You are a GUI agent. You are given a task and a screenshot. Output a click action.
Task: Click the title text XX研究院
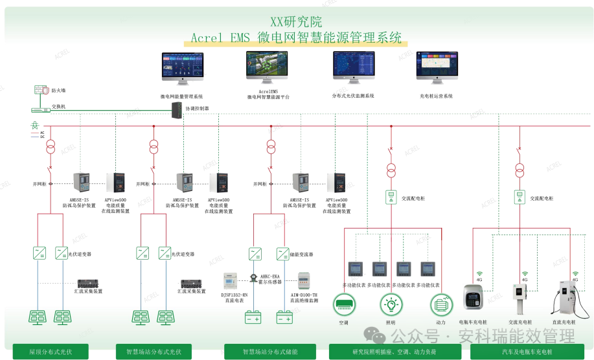pos(296,22)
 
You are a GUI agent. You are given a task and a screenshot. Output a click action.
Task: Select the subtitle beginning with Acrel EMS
pos(296,38)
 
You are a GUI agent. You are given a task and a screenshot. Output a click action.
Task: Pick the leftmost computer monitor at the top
pos(182,67)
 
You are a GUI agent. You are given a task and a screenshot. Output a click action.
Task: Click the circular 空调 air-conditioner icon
pos(343,304)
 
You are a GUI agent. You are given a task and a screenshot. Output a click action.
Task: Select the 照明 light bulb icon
pos(391,304)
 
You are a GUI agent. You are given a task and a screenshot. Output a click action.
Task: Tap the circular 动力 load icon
pos(440,304)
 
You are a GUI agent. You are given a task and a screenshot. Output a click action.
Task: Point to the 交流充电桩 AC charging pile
pos(519,298)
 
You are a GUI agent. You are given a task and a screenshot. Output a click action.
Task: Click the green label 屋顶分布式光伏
pos(51,352)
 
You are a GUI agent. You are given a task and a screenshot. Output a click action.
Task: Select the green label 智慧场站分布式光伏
pos(154,352)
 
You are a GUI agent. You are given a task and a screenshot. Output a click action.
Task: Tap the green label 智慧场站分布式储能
pos(269,352)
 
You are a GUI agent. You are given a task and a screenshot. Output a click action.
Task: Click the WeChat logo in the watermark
pos(374,335)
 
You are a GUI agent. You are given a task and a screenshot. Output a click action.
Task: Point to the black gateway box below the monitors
pos(176,109)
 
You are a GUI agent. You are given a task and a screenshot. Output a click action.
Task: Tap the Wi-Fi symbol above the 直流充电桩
pos(575,275)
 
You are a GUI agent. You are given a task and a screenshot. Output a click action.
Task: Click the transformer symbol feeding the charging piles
pos(519,170)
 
